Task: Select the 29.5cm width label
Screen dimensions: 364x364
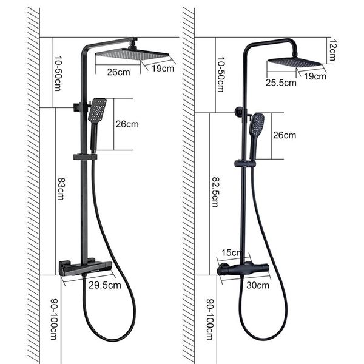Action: coord(105,285)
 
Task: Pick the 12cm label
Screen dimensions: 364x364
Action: coord(332,49)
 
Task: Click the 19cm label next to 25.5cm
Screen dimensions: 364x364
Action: coord(313,77)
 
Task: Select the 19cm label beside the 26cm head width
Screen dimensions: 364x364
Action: coord(163,69)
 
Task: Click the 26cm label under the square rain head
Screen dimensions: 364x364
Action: coord(118,72)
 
